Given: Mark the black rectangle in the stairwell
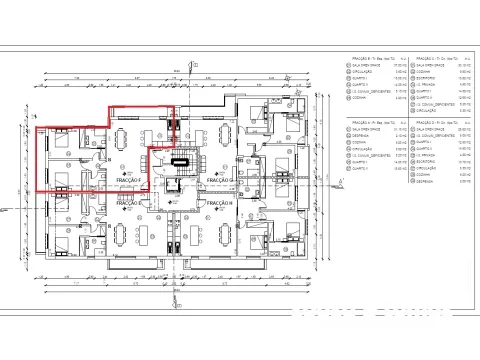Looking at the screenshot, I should (x=181, y=160).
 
